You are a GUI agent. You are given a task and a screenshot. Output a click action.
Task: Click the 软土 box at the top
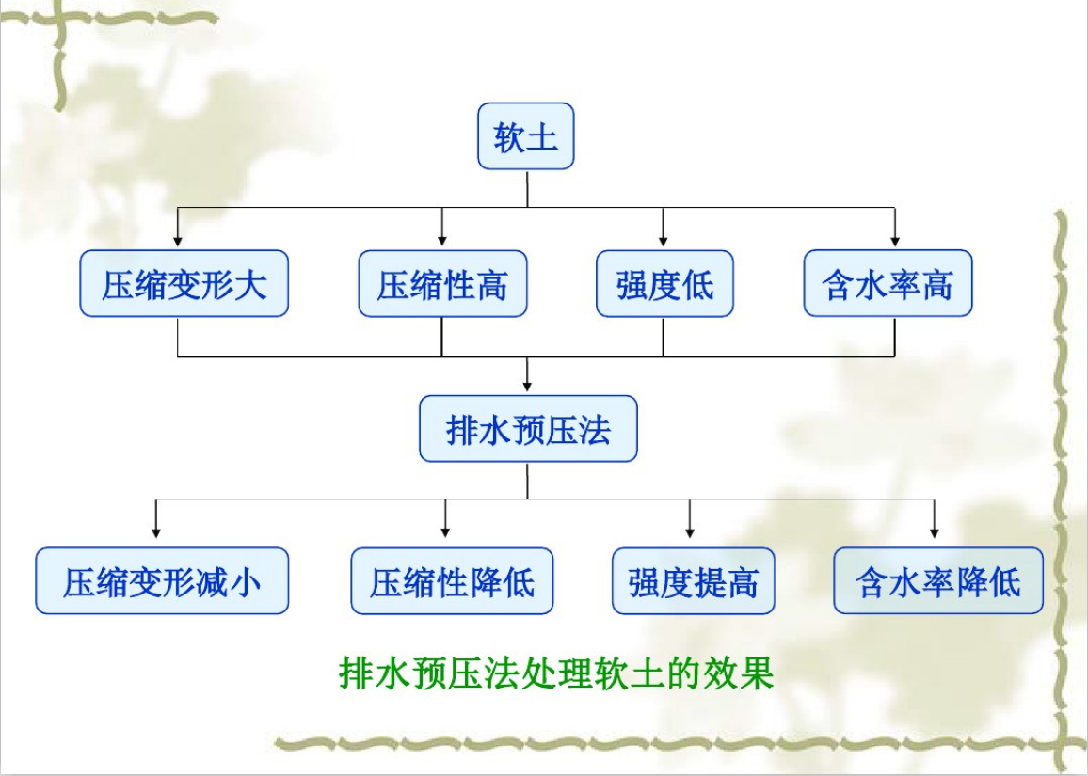pyautogui.click(x=525, y=136)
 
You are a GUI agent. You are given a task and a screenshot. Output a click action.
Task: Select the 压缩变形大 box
pyautogui.click(x=184, y=283)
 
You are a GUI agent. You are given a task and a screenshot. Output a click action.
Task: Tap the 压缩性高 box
pyautogui.click(x=442, y=283)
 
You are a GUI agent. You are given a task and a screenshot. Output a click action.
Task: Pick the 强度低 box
pyautogui.click(x=664, y=283)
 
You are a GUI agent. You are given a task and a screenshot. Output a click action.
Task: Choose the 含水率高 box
pyautogui.click(x=888, y=283)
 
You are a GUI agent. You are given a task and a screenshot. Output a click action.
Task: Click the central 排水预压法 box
pyautogui.click(x=528, y=429)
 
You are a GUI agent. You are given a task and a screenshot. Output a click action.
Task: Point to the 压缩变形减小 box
pyautogui.click(x=162, y=581)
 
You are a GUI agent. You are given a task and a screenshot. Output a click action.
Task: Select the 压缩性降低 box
pyautogui.click(x=452, y=581)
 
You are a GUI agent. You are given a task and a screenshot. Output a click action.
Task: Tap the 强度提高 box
pyautogui.click(x=694, y=581)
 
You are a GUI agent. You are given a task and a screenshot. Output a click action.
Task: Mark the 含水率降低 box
pyautogui.click(x=938, y=581)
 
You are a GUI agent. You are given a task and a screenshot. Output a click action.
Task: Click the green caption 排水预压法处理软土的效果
pyautogui.click(x=555, y=673)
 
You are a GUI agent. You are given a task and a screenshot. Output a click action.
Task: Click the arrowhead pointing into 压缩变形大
pyautogui.click(x=178, y=242)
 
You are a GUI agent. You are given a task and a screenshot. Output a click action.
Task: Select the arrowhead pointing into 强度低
pyautogui.click(x=664, y=242)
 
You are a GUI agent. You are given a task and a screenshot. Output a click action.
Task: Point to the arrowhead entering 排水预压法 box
pyautogui.click(x=528, y=387)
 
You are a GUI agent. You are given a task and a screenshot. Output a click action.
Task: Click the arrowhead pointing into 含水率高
pyautogui.click(x=894, y=242)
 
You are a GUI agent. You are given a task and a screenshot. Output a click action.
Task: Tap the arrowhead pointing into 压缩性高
pyautogui.click(x=442, y=242)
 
